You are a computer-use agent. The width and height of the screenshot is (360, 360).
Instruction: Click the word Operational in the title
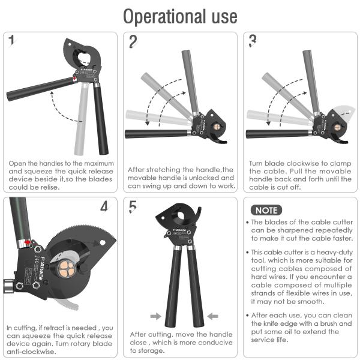[164, 17]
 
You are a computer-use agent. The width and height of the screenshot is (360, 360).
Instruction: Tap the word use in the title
[224, 17]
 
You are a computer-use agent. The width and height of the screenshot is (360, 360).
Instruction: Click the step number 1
[11, 40]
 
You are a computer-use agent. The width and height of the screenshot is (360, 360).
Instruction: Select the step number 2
[133, 41]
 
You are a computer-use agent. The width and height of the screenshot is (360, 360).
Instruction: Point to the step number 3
[253, 41]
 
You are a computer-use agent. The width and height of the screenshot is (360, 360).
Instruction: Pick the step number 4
[104, 206]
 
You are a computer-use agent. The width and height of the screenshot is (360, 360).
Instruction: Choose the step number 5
[133, 206]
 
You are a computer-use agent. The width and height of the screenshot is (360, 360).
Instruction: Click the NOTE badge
[266, 210]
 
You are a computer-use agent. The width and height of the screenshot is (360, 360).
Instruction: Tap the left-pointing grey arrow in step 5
[212, 316]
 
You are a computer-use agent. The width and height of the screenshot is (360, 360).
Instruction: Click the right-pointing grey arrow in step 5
[156, 316]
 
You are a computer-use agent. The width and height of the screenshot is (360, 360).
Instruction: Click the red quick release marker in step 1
[74, 79]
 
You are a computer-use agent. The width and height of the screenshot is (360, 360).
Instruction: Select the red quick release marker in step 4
[28, 242]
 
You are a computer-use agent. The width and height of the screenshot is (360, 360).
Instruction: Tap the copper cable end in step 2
[217, 127]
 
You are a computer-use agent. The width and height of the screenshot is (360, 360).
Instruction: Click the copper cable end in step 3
[337, 127]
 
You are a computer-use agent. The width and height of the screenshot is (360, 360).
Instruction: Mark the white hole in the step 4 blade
[103, 242]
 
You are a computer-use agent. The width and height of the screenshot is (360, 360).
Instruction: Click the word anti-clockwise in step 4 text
[31, 352]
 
